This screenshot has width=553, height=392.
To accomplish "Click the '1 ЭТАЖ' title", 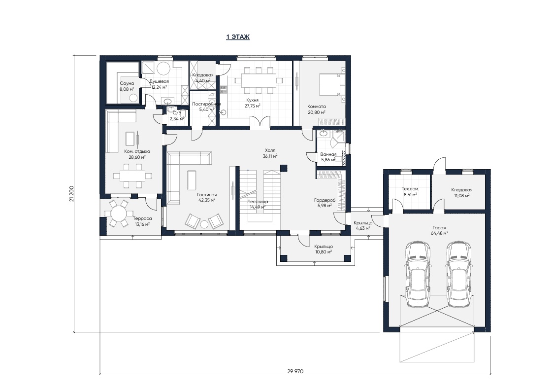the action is click(x=238, y=36).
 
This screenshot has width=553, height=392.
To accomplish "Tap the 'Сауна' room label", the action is click(x=127, y=83).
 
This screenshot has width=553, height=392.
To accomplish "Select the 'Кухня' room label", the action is click(x=253, y=100).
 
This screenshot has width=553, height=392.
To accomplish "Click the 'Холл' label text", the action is click(x=270, y=150).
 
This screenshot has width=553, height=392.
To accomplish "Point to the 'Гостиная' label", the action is click(x=207, y=195).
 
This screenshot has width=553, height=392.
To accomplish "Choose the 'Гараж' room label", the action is click(x=439, y=228).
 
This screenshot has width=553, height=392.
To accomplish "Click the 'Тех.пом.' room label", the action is click(x=410, y=189).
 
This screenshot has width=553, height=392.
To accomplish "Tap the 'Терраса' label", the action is click(x=142, y=218).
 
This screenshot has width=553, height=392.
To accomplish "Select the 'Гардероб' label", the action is click(x=325, y=200).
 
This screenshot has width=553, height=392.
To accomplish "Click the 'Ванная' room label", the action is click(x=328, y=154).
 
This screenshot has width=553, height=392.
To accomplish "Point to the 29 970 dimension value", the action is click(x=295, y=371).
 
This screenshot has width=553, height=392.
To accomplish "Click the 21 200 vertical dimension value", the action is click(x=72, y=193).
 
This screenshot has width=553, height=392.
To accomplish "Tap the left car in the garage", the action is click(x=418, y=274).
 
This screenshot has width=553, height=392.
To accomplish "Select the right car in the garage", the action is click(x=459, y=274).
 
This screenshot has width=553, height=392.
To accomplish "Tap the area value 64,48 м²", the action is click(x=439, y=233).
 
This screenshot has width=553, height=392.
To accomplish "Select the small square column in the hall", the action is click(x=284, y=168).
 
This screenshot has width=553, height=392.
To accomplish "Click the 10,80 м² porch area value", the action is click(x=324, y=252).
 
